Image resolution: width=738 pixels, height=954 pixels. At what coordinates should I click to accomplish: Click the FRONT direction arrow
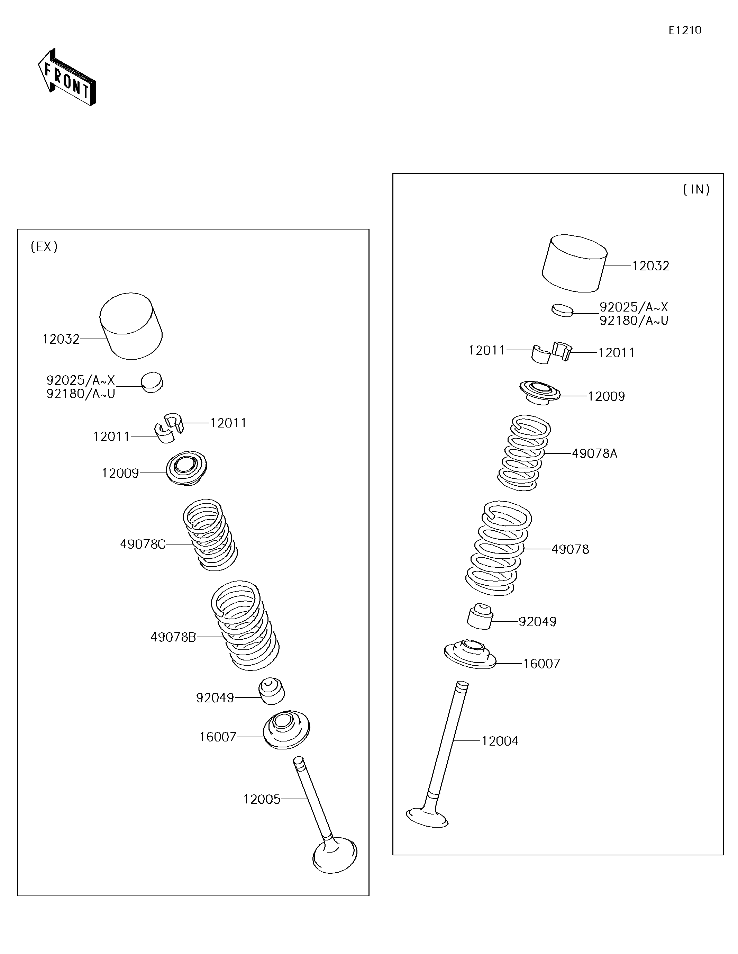(67, 77)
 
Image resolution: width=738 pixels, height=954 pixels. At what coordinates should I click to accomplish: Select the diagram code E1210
(685, 30)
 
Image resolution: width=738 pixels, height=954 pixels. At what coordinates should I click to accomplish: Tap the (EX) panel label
(44, 247)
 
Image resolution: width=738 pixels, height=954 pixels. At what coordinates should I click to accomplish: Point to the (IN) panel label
(696, 189)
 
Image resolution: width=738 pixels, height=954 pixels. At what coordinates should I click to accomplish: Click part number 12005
(262, 799)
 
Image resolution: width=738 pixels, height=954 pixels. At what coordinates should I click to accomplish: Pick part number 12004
(500, 741)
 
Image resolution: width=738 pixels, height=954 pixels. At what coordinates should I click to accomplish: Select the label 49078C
(143, 544)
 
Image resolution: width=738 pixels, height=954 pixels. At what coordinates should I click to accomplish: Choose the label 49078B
(173, 637)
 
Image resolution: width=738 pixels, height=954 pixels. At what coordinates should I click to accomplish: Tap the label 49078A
(594, 453)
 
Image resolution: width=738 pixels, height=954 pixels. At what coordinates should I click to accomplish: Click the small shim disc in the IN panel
(562, 310)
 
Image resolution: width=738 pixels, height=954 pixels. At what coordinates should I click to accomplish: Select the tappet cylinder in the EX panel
(131, 326)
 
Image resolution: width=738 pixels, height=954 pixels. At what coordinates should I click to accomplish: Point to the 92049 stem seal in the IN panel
(480, 616)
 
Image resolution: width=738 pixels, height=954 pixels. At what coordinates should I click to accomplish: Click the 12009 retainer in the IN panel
(540, 392)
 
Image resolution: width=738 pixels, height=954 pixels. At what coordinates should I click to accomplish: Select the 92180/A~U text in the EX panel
(81, 394)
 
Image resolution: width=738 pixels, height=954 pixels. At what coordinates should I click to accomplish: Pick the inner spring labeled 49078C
(210, 535)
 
